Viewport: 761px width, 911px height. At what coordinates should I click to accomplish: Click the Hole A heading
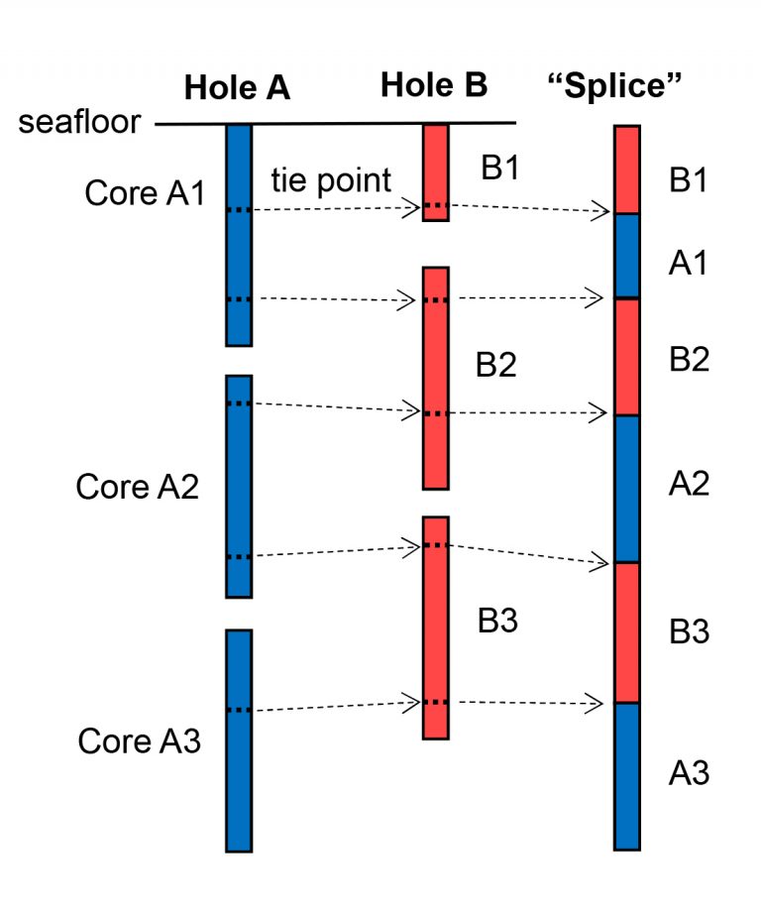pos(237,88)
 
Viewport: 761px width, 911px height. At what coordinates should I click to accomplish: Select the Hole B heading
pos(434,85)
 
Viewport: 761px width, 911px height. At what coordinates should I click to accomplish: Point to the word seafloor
pos(79,123)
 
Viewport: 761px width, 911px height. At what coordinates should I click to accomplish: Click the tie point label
pos(331,181)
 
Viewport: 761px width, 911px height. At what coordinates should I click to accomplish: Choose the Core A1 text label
pos(145,193)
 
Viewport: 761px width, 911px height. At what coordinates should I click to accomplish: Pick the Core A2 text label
pos(138,487)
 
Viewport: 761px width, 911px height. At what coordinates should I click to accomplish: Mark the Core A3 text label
pos(140,740)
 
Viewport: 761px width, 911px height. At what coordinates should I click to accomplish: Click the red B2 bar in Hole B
pos(436,377)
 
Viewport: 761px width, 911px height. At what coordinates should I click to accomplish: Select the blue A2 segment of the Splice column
pos(626,488)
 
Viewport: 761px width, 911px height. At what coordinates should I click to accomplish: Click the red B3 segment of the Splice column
pos(626,632)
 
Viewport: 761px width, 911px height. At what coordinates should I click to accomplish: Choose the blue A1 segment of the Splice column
pos(626,256)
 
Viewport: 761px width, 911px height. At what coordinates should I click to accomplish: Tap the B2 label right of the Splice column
pos(689,359)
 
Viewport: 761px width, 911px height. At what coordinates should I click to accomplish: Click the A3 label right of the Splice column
pos(689,772)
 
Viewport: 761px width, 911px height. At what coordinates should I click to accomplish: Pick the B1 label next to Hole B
pos(500,168)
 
